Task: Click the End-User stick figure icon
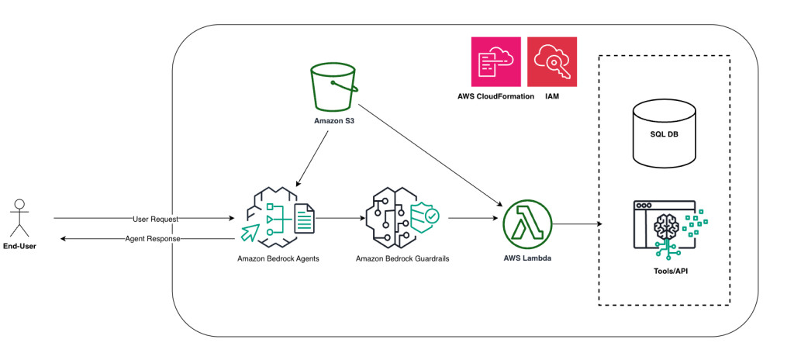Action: click(20, 219)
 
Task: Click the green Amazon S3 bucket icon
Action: click(334, 87)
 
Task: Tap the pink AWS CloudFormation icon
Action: click(495, 61)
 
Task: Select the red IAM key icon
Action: click(551, 61)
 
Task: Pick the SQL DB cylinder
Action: click(664, 134)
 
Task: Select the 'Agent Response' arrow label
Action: click(152, 239)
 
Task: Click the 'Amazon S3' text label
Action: click(334, 121)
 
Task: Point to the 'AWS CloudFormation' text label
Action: click(495, 97)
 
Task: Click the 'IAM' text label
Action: click(551, 97)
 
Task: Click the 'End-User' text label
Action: click(20, 247)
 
